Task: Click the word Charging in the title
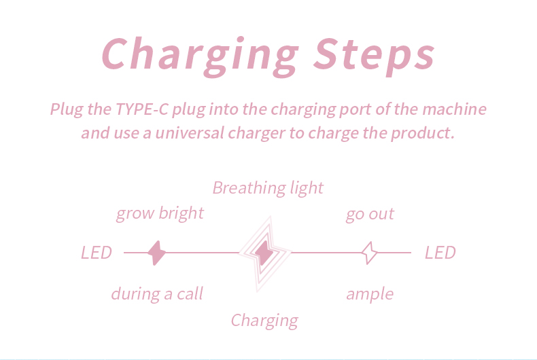pos(201,56)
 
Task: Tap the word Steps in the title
pos(374,56)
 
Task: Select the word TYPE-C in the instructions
pos(142,109)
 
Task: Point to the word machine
pos(455,109)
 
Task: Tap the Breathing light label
pos(268,188)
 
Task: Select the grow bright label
pos(160,213)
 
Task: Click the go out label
pos(370,215)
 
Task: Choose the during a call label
pos(157,294)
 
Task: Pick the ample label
pos(370,294)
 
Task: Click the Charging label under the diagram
pos(264,321)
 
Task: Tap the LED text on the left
pos(97,253)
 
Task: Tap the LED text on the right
pos(440,253)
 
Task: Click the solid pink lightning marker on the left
pos(157,253)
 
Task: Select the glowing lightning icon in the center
pos(264,253)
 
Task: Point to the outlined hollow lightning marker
pos(370,253)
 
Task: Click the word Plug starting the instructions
pos(67,109)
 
